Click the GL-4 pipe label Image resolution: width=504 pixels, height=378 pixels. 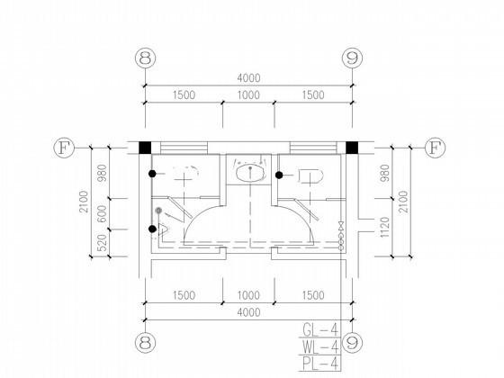coord(320,329)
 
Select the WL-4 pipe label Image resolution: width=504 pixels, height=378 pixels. coord(320,346)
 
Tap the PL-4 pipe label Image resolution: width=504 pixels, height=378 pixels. coord(320,364)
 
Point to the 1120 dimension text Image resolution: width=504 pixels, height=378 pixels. coord(385,227)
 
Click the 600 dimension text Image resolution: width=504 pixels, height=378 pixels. coord(102,214)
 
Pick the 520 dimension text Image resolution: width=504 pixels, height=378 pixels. coord(102,243)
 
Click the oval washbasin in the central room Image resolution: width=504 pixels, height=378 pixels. coord(251,174)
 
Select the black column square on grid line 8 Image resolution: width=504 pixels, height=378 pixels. coord(145,148)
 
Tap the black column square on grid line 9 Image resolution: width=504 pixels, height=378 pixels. coord(352,148)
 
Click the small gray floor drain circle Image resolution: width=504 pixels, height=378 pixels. coord(158,211)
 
